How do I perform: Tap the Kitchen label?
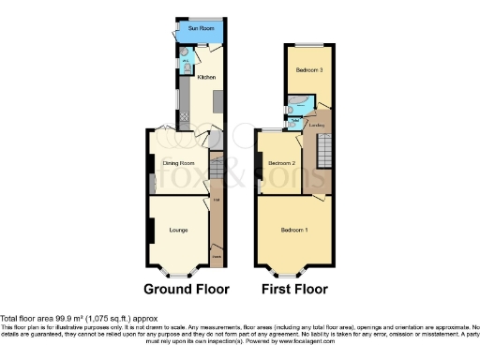[x=206, y=77]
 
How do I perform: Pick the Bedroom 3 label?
[x=309, y=70]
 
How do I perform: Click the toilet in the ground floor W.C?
[x=187, y=67]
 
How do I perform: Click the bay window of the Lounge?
[x=175, y=272]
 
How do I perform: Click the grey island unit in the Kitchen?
[x=217, y=99]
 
